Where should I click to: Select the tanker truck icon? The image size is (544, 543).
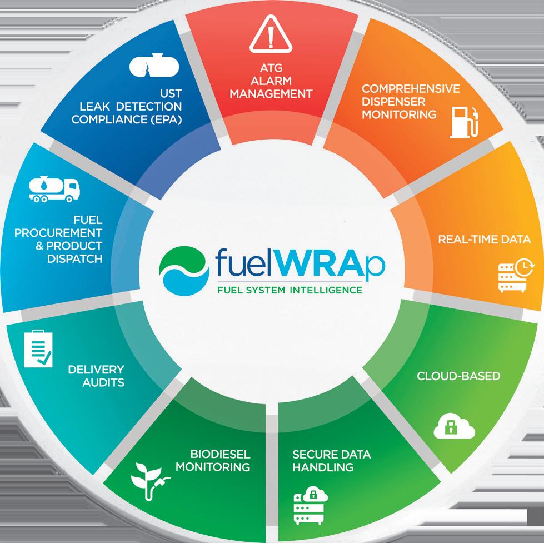tap(54, 189)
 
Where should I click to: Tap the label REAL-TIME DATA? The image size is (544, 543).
tap(484, 240)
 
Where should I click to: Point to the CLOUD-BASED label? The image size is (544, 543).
tap(458, 376)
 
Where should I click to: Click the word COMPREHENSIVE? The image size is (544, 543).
tap(410, 89)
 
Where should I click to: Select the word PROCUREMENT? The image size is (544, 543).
tap(59, 233)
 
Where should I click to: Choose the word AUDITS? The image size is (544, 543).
tap(103, 382)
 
